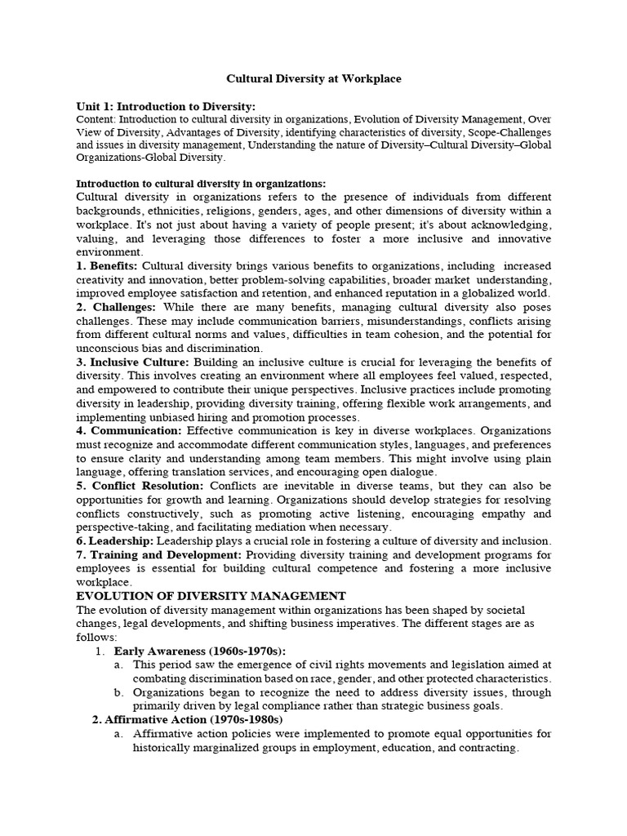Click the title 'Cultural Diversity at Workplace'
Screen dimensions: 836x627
313,79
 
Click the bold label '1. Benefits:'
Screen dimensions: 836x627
108,266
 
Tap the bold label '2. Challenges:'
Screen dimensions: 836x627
116,306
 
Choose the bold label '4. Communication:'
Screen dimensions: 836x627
128,430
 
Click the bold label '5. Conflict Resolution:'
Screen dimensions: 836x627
140,486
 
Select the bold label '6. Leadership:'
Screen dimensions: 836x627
113,541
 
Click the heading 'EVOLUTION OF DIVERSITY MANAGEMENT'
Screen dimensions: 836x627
211,596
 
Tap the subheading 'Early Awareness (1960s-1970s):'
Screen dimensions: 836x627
200,651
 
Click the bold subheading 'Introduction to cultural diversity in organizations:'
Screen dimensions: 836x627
201,184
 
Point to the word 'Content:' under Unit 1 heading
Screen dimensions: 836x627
96,119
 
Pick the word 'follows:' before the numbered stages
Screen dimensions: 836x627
96,637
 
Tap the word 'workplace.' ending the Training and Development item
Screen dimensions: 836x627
104,582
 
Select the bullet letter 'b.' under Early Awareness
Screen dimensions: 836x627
119,692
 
